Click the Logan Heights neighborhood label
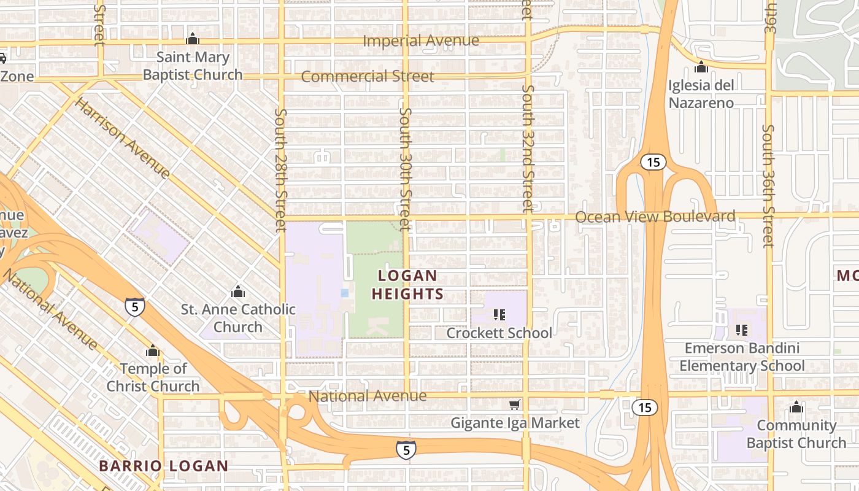coord(407,285)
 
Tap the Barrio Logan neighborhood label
coord(163,466)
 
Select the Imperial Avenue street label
coord(421,41)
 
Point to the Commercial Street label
coord(368,77)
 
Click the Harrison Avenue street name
coord(123,137)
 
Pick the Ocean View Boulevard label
coord(655,217)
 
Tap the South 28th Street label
coord(281,170)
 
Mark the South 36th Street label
coord(768,186)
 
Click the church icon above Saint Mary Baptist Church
coord(193,39)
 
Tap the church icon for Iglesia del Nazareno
coord(701,67)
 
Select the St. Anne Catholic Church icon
coord(238,292)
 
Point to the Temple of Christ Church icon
coord(153,351)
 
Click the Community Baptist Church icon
coord(796,407)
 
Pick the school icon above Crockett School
coord(499,315)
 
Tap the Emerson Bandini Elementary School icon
coord(742,330)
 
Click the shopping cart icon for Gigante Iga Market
coord(515,404)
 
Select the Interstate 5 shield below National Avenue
coord(406,450)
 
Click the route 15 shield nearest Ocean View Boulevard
coord(653,162)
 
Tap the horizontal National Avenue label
coord(367,396)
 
